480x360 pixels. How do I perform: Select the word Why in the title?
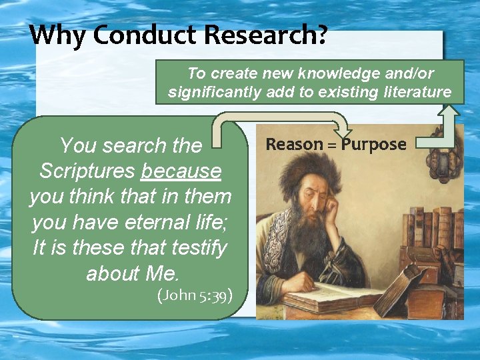pos(57,35)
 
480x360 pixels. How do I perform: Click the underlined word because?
pos(181,171)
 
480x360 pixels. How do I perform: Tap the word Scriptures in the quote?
pos(87,171)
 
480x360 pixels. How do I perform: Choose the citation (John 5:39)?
pos(195,295)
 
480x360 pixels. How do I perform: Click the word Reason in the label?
pos(295,144)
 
